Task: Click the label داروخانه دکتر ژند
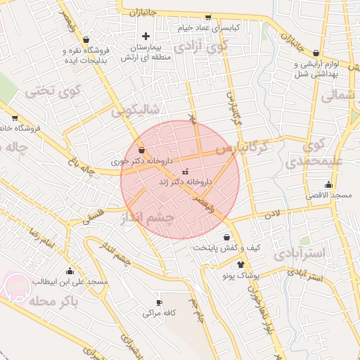click(x=186, y=181)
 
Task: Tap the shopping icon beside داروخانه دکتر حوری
click(x=142, y=150)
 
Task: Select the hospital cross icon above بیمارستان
click(x=146, y=36)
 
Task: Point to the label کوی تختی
click(x=53, y=91)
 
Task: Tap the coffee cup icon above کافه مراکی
click(x=159, y=302)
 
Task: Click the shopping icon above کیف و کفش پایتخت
click(x=226, y=237)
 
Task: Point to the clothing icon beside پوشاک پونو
click(x=241, y=265)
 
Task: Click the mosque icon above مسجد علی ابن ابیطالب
click(x=70, y=271)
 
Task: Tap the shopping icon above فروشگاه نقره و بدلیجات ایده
click(x=85, y=39)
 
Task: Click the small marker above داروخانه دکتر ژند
click(x=185, y=172)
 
